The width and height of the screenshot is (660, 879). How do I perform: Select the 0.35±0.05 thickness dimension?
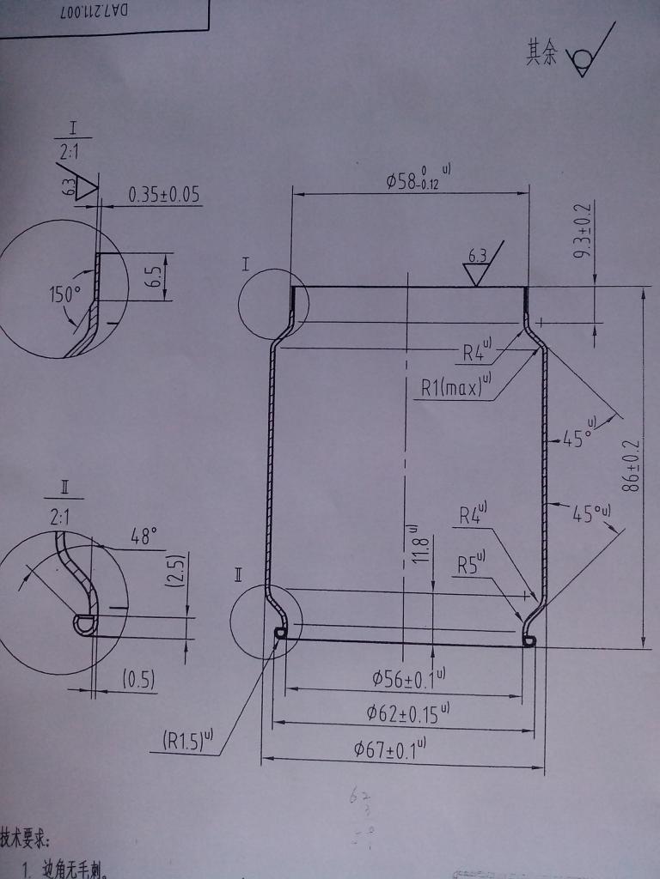pos(163,194)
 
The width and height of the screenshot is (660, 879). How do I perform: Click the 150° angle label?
pos(64,294)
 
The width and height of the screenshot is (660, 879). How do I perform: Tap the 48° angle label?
pos(144,537)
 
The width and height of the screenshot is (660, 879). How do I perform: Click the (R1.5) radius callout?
pos(186,740)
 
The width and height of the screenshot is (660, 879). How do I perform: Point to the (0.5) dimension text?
pos(137,681)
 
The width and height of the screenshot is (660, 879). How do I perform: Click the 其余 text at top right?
pos(541,55)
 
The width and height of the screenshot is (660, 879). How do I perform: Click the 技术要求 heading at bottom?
pos(25,838)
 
